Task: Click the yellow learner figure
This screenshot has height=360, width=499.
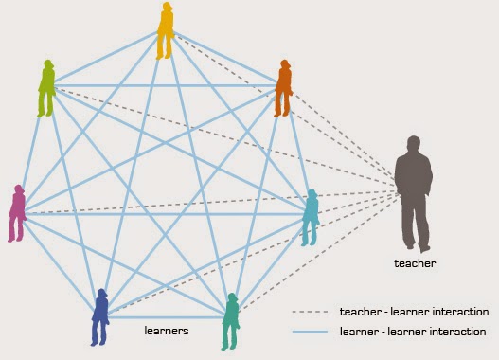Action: click(x=166, y=30)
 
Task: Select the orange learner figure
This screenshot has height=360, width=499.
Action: click(x=283, y=88)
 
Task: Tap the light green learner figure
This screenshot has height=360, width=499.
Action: click(x=45, y=89)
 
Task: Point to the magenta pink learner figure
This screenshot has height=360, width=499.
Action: click(x=16, y=213)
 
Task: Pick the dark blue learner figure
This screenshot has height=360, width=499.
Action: click(x=100, y=317)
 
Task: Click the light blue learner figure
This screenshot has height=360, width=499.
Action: click(x=311, y=218)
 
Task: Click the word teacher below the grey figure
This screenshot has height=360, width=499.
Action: click(x=416, y=263)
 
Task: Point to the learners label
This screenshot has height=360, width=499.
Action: click(x=166, y=331)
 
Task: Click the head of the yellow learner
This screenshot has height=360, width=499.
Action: click(x=168, y=8)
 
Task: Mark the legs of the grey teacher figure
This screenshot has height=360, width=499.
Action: click(x=413, y=227)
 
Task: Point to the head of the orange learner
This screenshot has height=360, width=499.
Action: click(x=284, y=65)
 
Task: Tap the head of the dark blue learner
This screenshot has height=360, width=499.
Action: click(x=101, y=294)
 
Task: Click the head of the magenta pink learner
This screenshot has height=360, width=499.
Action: click(x=17, y=189)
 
